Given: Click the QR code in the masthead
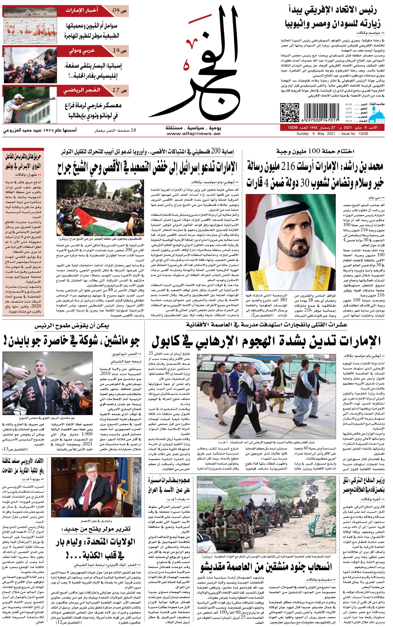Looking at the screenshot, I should pyautogui.click(x=289, y=112).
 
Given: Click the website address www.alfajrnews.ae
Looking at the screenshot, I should pyautogui.click(x=193, y=133).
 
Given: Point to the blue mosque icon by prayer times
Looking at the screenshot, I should pyautogui.click(x=377, y=114).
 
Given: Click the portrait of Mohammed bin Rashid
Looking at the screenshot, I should pyautogui.click(x=290, y=242).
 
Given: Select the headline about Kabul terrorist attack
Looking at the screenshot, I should pyautogui.click(x=266, y=341).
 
